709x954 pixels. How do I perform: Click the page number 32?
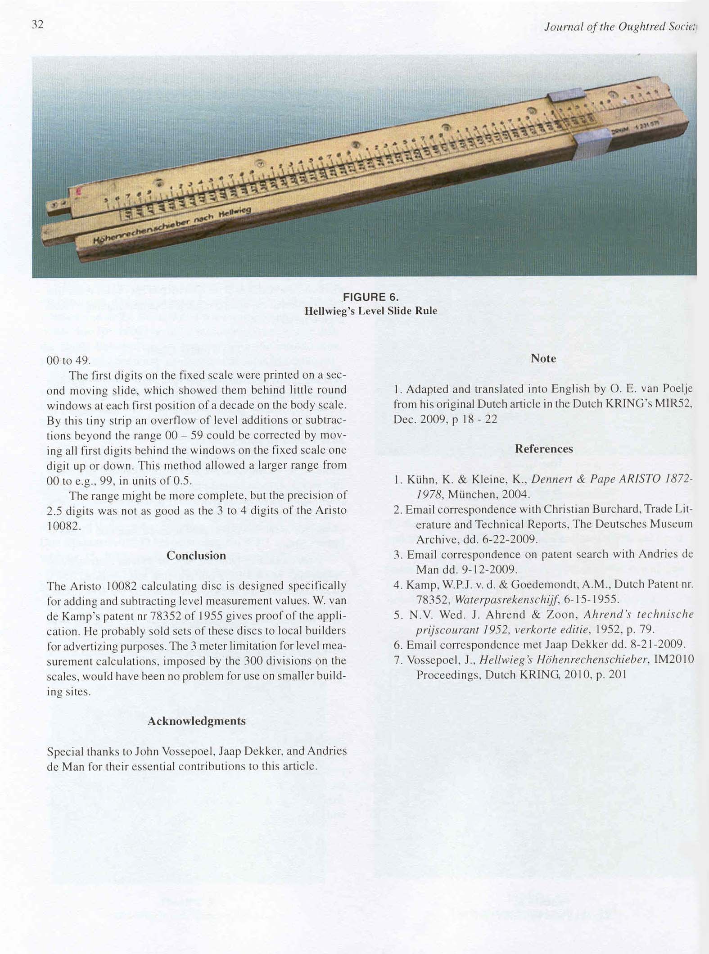[x=37, y=25]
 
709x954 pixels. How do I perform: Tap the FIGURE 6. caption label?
[x=370, y=297]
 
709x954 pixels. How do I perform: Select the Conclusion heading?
[x=196, y=556]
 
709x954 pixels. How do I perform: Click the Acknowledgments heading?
[x=196, y=721]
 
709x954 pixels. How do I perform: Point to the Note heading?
[x=543, y=358]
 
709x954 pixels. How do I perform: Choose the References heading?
[x=544, y=449]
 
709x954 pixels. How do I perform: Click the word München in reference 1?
[x=471, y=495]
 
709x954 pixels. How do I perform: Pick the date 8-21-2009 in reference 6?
[x=655, y=645]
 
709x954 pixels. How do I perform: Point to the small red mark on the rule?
[x=79, y=192]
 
